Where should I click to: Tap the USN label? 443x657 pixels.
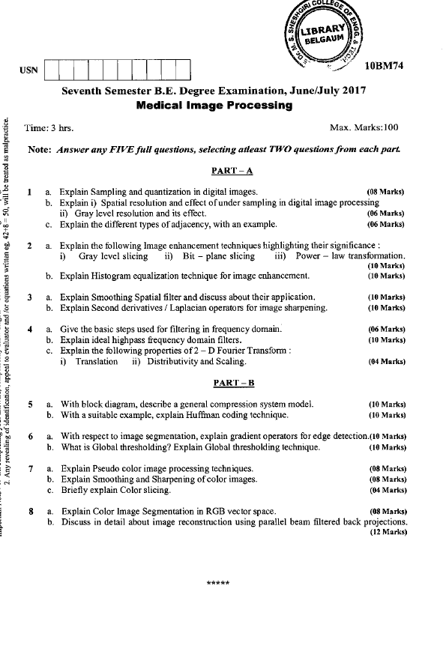click(x=28, y=71)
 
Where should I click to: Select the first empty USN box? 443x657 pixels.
click(x=52, y=71)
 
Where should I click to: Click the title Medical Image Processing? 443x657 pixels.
click(x=215, y=106)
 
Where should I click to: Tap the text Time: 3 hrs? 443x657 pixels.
click(x=49, y=128)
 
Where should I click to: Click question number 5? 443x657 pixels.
click(x=30, y=405)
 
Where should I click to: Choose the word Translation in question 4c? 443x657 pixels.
click(x=95, y=361)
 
